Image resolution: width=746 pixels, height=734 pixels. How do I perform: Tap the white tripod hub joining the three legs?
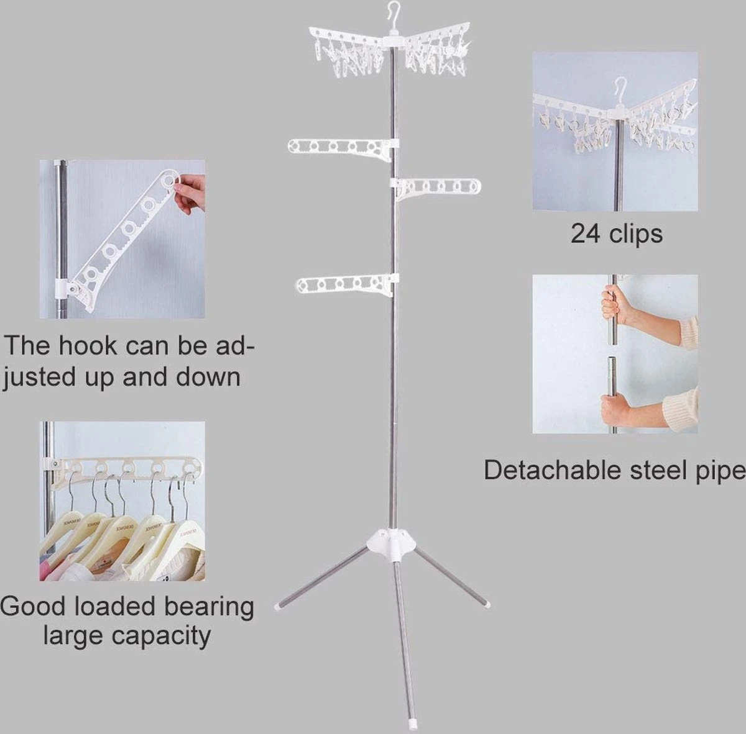pyautogui.click(x=392, y=544)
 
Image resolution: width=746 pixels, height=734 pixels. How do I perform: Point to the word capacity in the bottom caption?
pyautogui.click(x=161, y=636)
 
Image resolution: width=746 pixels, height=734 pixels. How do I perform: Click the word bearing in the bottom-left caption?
pyautogui.click(x=209, y=607)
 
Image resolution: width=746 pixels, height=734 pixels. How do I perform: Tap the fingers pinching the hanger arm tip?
pyautogui.click(x=190, y=193)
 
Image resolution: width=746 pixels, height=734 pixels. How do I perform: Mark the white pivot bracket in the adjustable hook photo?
pyautogui.click(x=65, y=288)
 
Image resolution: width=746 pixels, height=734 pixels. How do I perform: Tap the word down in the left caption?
pyautogui.click(x=209, y=377)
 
